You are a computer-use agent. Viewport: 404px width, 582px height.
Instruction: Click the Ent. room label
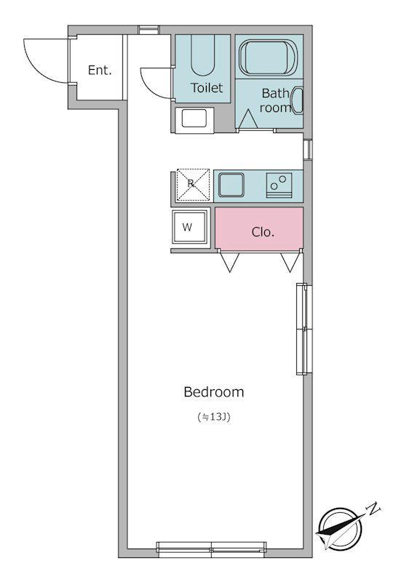pos(100,70)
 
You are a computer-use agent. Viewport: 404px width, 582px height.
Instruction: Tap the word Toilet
pos(207,88)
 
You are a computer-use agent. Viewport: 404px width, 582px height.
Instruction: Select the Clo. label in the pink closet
pos(263,232)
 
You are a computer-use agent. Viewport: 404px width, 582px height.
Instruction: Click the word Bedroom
pos(214,392)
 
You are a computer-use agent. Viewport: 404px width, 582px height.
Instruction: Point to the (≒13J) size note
pos(214,417)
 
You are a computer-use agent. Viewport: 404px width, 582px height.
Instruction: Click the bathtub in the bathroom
pos(268,58)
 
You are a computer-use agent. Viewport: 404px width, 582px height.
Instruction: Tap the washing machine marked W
pos(190,227)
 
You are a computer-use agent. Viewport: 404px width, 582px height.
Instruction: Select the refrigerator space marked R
pos(193,186)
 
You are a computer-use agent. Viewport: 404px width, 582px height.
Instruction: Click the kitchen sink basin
pos(231,185)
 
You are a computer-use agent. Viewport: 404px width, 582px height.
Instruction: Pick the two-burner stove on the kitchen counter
pos(279,185)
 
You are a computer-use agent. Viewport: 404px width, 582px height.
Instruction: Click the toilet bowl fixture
pos(203,56)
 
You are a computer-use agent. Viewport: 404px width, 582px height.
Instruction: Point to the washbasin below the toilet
pos(194,119)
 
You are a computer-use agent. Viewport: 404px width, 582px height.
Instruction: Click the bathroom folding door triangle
pos(248,119)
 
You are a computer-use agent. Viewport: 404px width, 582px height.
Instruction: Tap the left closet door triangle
pos(230,262)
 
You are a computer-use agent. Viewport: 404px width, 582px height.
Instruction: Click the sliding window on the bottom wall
pos(211,550)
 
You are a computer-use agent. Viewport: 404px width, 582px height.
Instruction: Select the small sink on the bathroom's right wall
pos(298,100)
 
